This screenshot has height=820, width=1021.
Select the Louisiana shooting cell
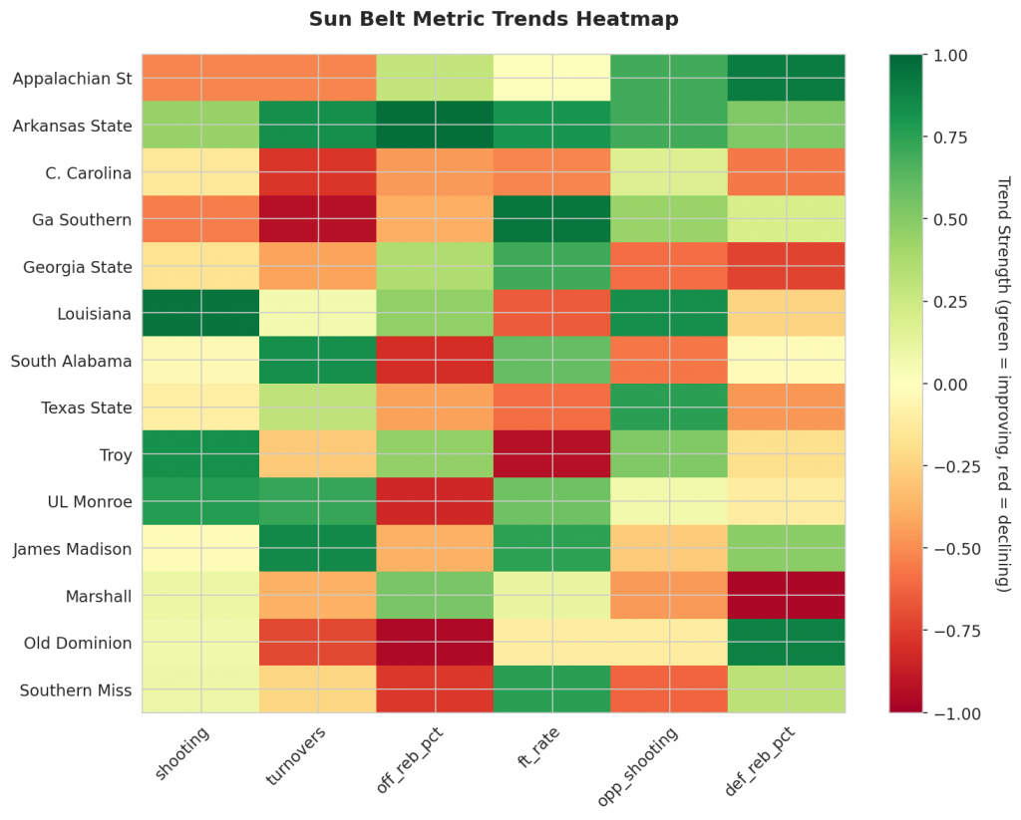(200, 313)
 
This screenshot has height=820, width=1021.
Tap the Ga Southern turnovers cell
(318, 219)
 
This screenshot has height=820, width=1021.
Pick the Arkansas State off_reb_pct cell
(435, 126)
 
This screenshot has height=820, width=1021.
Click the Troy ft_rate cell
(552, 454)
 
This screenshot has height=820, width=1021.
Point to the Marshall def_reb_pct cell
(787, 596)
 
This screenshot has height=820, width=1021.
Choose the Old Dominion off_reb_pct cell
(435, 643)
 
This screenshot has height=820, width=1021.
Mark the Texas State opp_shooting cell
(669, 408)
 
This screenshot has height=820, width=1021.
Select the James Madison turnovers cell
(318, 549)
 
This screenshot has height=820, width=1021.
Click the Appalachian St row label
(72, 79)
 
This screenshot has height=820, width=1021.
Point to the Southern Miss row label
(75, 689)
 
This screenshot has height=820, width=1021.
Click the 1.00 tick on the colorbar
(946, 55)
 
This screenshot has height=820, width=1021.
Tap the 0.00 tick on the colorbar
(946, 385)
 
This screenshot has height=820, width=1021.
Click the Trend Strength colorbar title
(1001, 385)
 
